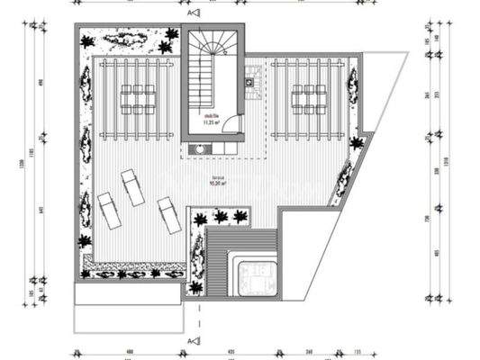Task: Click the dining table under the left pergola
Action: coord(137,99)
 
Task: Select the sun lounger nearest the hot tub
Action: coord(169,215)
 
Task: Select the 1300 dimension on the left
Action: coord(14,162)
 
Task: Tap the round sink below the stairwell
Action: coord(197,148)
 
